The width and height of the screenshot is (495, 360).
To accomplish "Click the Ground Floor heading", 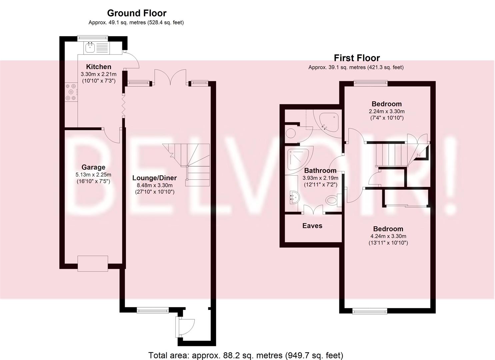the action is pyautogui.click(x=137, y=13).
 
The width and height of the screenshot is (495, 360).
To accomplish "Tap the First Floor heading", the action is pyautogui.click(x=357, y=58).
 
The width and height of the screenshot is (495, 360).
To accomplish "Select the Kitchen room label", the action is pyautogui.click(x=99, y=67).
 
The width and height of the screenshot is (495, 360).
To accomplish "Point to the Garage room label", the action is pyautogui.click(x=93, y=167).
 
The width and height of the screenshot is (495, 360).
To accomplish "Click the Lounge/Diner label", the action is pyautogui.click(x=154, y=178).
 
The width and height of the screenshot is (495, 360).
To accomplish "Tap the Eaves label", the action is pyautogui.click(x=312, y=226).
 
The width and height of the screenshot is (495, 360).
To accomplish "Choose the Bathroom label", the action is pyautogui.click(x=320, y=170).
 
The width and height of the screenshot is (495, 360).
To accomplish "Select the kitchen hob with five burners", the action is pyautogui.click(x=71, y=92).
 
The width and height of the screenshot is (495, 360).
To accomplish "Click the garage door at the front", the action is pyautogui.click(x=93, y=263).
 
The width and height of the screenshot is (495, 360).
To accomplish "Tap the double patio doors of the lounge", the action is pyautogui.click(x=170, y=77).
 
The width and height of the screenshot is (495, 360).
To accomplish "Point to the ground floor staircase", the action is pyautogui.click(x=186, y=165).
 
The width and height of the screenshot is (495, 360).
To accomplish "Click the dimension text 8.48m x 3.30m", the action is pyautogui.click(x=155, y=185).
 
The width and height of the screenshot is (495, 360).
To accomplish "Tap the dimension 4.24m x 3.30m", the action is pyautogui.click(x=388, y=236).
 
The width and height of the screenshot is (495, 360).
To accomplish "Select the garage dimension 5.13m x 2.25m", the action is pyautogui.click(x=93, y=175).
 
